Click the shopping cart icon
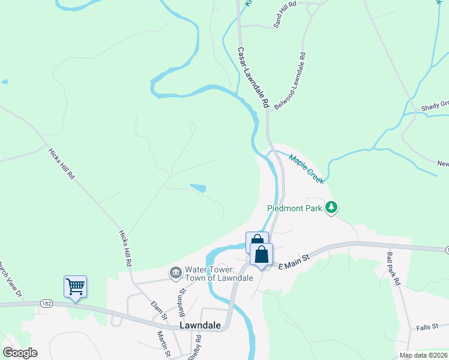click(x=76, y=286)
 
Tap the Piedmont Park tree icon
click(x=331, y=208)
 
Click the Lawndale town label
click(x=200, y=326)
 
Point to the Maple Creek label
click(x=307, y=169)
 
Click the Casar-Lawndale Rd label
click(x=253, y=78)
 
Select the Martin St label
click(x=161, y=344)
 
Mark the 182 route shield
click(x=46, y=304)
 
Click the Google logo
click(x=20, y=352)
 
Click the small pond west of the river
click(x=197, y=188)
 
